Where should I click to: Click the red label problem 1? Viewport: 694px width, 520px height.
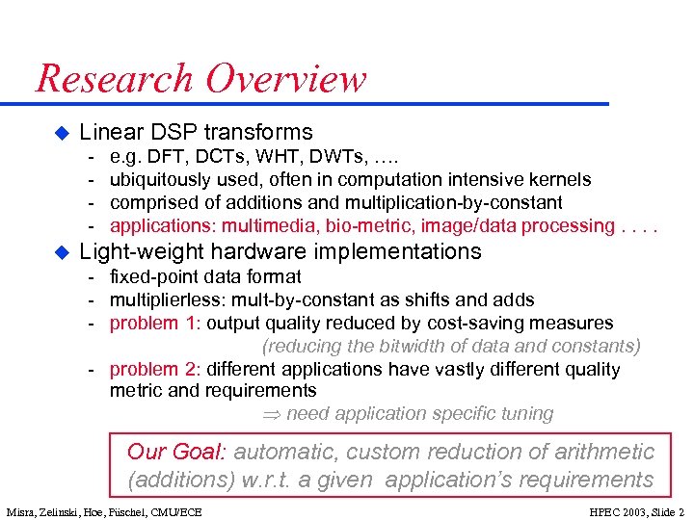[x=154, y=323]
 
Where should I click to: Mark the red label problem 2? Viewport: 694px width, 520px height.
[x=154, y=369]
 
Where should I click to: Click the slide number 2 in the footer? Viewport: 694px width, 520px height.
[x=681, y=511]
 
